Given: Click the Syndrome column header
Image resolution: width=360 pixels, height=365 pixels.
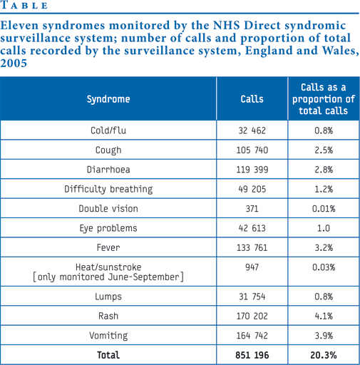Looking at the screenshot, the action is point(108,99).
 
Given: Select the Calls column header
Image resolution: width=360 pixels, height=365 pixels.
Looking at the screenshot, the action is point(252,99).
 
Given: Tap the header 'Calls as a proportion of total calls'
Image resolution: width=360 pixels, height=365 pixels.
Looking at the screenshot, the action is point(324,99).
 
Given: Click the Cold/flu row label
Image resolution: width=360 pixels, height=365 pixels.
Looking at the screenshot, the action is point(108,130).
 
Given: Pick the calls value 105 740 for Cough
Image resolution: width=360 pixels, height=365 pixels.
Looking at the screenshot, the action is point(252,150).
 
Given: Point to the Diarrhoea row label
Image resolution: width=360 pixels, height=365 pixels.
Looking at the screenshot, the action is point(108,170).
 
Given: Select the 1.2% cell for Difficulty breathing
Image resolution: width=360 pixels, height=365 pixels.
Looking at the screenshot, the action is point(324,189).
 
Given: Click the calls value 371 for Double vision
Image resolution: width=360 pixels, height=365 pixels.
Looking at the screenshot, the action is point(252,209).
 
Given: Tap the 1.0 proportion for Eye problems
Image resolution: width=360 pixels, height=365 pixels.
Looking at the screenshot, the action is point(324,228).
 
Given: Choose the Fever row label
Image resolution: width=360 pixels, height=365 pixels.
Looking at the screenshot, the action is point(108,247).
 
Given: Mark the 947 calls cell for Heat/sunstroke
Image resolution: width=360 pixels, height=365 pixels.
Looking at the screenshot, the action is point(252,267).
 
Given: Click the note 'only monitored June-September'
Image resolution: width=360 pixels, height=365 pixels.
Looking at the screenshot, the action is point(108,277).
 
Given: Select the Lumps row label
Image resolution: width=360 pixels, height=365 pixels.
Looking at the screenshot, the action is point(108,297).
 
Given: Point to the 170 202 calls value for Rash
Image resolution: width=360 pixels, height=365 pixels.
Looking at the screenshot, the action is point(252,316).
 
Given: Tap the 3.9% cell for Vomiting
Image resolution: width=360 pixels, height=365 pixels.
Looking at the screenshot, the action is point(324,336).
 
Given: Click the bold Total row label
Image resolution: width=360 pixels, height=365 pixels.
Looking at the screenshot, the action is point(108,355).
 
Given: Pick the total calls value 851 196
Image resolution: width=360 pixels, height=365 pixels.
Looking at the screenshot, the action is point(252,355).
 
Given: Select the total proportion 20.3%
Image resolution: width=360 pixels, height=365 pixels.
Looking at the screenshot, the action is point(324,355).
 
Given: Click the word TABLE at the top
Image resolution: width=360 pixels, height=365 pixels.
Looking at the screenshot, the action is point(24,5).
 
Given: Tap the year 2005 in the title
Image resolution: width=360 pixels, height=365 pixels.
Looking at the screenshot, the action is point(14,63).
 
